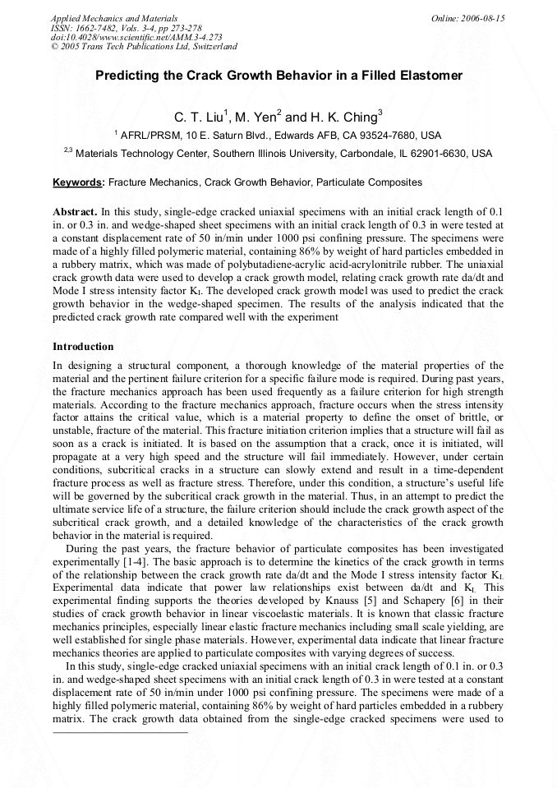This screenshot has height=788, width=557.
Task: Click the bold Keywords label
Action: (78, 182)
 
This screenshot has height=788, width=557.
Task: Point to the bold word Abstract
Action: (76, 210)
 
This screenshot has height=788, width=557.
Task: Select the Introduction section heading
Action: (83, 347)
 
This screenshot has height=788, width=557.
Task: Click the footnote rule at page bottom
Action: (120, 731)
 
